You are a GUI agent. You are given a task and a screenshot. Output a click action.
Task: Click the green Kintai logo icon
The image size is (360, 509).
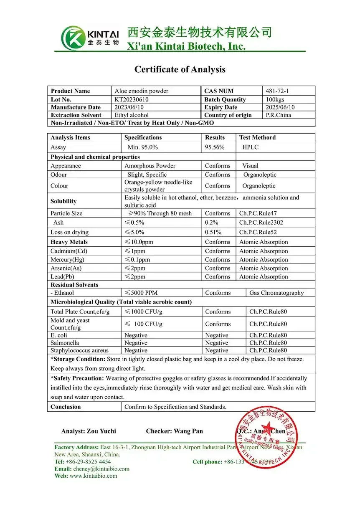coord(73,38)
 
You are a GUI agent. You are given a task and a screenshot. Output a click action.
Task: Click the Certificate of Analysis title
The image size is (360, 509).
coord(180,69)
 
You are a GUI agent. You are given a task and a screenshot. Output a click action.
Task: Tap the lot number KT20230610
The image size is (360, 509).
coord(132,99)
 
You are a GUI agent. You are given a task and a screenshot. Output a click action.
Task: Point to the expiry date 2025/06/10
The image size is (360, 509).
coord(279,107)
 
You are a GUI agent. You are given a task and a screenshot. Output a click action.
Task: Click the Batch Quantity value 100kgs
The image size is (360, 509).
coord(275,99)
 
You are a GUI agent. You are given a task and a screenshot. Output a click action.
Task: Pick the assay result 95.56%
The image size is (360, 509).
coord(215,147)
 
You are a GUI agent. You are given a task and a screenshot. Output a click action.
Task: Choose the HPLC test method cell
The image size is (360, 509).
coord(250,147)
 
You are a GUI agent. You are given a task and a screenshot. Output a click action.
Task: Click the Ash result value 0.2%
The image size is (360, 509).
coord(211,223)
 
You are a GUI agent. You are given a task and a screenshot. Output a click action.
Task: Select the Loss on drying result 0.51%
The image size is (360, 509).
coord(213,232)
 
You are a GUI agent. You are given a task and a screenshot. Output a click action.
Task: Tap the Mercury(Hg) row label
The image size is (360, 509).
coord(67,260)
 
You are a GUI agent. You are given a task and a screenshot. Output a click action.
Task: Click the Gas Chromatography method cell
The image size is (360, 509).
coord(276,293)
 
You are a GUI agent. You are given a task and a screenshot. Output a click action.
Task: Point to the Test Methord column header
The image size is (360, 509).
coord(257,137)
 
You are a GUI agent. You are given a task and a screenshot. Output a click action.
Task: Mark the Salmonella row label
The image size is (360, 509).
coord(65,343)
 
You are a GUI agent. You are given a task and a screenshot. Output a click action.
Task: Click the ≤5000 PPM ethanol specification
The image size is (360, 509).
coord(141,293)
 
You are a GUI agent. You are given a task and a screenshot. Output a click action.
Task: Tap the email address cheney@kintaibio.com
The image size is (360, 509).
coord(99,469)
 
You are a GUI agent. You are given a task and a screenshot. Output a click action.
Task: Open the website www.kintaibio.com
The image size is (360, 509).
coord(94,476)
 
